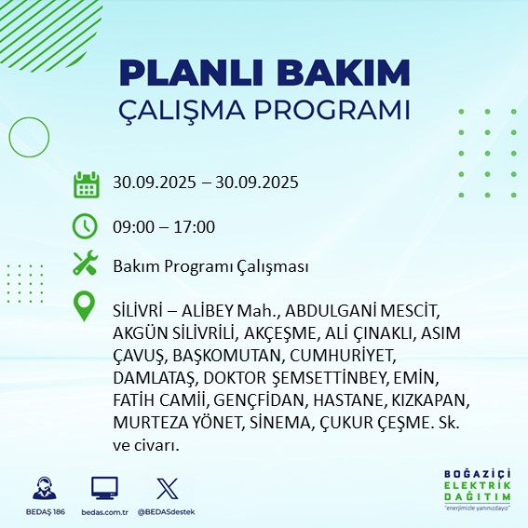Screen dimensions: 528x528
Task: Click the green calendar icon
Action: tap(86, 183)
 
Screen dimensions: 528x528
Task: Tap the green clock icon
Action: tap(86, 226)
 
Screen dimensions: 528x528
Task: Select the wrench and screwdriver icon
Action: tap(86, 265)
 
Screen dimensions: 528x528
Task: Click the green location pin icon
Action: tap(86, 306)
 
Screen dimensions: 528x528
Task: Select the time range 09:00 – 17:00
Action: tap(165, 226)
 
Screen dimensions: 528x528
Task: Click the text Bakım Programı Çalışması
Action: tap(210, 266)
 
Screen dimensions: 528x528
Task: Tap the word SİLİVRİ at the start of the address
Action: tap(140, 308)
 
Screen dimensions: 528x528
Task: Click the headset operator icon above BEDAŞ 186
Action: tap(46, 488)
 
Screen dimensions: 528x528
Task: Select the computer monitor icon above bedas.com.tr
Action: tap(104, 488)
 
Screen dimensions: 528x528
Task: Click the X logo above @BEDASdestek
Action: tap(165, 488)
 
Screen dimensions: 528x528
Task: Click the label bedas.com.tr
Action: tap(104, 512)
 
